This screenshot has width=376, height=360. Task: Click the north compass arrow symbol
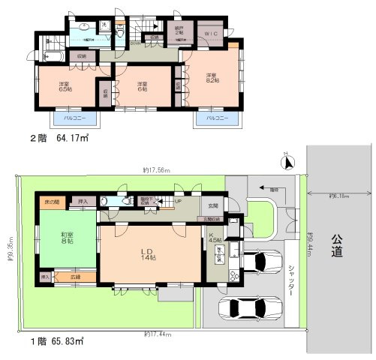pyautogui.click(x=287, y=158)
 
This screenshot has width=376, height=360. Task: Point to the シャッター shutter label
pyautogui.click(x=291, y=283)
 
